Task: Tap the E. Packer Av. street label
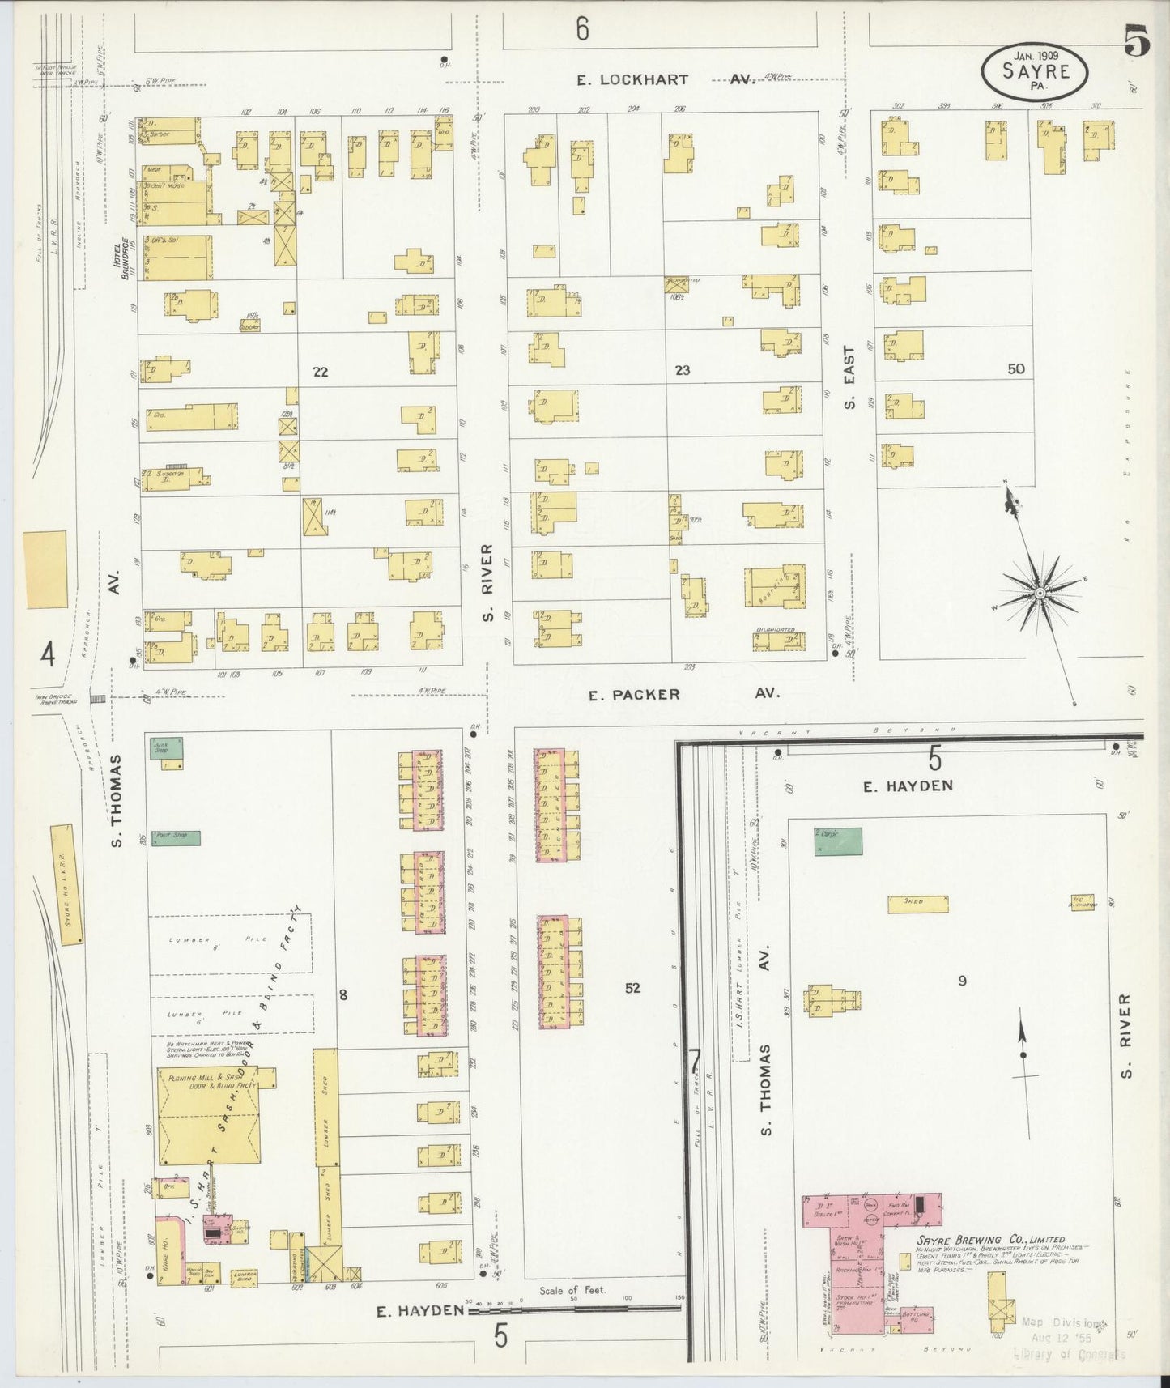tap(683, 694)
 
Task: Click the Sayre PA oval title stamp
tap(1036, 71)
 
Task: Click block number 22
tap(321, 372)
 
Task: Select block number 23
tap(683, 370)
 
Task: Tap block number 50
tap(1016, 368)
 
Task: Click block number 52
tap(632, 988)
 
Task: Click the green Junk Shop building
tap(168, 748)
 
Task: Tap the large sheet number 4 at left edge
tap(48, 654)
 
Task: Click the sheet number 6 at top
tap(581, 30)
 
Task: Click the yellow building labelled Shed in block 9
tap(917, 905)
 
